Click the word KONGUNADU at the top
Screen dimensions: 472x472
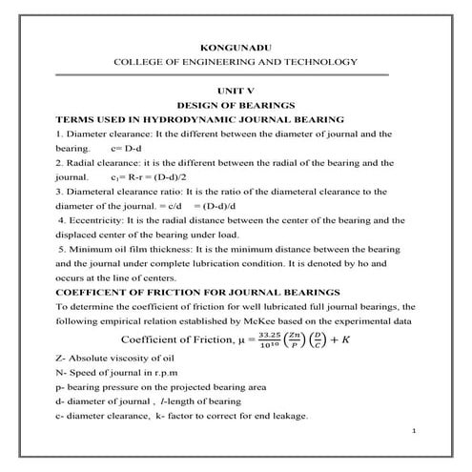235,45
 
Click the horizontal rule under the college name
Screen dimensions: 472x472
236,73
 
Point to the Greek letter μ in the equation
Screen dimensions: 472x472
241,340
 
